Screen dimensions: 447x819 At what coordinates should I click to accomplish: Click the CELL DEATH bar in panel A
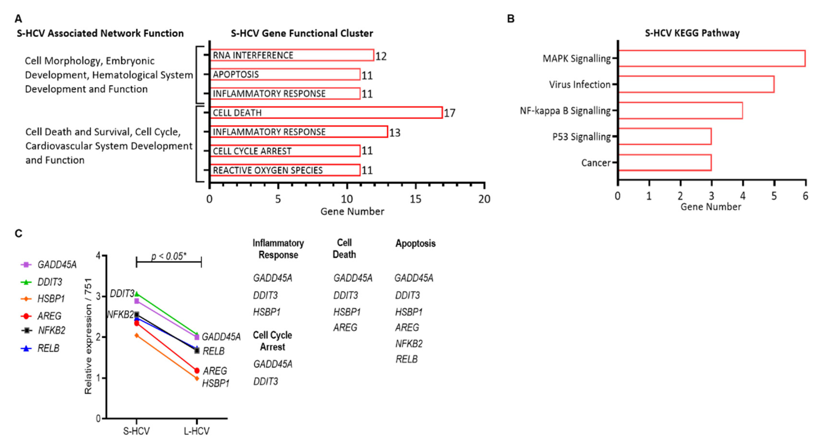(x=326, y=113)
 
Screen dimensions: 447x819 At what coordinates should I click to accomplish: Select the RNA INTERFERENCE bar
(x=292, y=55)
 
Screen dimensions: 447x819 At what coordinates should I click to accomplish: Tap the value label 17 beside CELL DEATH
(x=450, y=113)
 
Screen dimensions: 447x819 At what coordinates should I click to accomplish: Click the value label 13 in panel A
(x=395, y=132)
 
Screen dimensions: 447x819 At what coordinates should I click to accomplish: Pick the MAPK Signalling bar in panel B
(x=712, y=59)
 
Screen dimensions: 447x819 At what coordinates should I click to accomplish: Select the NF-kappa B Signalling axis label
(x=565, y=111)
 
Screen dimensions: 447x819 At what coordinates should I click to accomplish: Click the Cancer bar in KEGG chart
(x=665, y=163)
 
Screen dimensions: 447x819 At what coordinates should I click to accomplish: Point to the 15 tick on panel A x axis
(x=415, y=199)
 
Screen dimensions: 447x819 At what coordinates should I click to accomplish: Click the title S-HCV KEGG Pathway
(x=692, y=33)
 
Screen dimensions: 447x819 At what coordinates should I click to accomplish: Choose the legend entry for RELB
(x=48, y=348)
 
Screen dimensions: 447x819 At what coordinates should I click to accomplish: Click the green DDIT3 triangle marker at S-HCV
(x=137, y=294)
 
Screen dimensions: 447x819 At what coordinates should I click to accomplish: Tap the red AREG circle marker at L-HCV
(x=197, y=370)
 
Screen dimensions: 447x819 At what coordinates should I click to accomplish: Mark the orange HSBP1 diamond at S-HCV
(x=137, y=335)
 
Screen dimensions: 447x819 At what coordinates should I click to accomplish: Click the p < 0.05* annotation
(x=168, y=256)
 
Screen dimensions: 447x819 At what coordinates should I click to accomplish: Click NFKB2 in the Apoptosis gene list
(x=409, y=343)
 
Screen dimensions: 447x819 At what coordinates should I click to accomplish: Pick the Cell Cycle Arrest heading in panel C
(x=272, y=341)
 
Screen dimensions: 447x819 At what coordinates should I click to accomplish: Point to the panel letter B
(x=510, y=19)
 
